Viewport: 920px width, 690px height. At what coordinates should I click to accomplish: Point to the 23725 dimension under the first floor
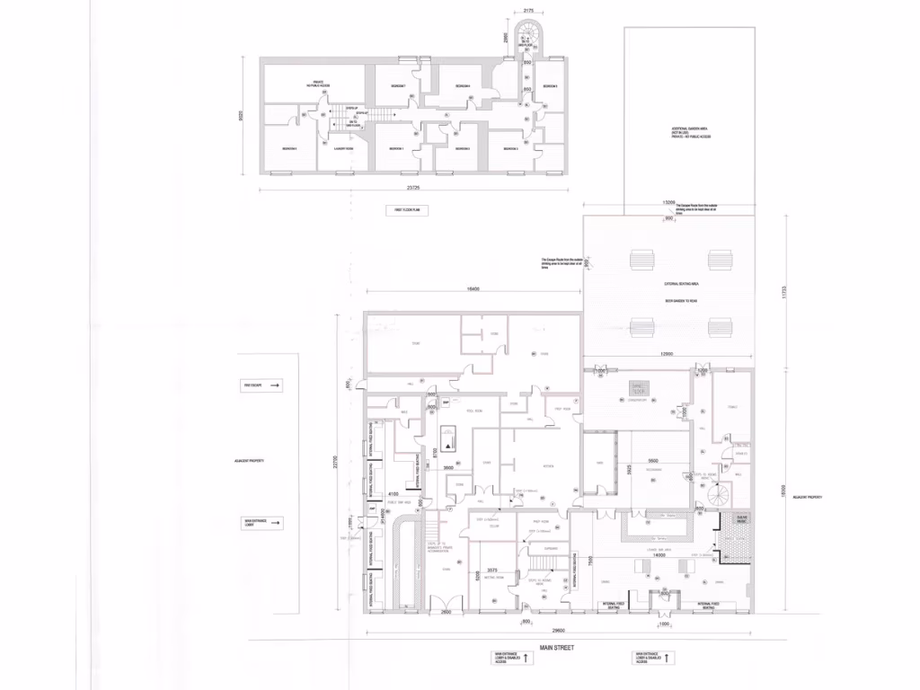413,188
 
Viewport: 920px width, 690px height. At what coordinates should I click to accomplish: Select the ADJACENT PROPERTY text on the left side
250,460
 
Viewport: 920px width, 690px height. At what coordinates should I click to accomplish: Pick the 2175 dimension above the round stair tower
529,12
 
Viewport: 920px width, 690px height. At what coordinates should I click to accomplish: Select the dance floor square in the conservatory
638,389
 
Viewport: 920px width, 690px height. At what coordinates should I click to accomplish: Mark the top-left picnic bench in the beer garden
644,260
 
